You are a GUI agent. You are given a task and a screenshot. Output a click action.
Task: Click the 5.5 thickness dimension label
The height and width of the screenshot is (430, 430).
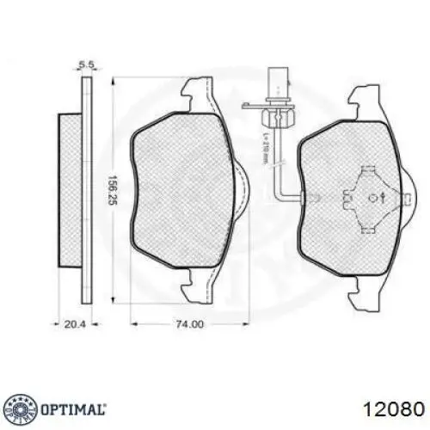[x=85, y=64]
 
